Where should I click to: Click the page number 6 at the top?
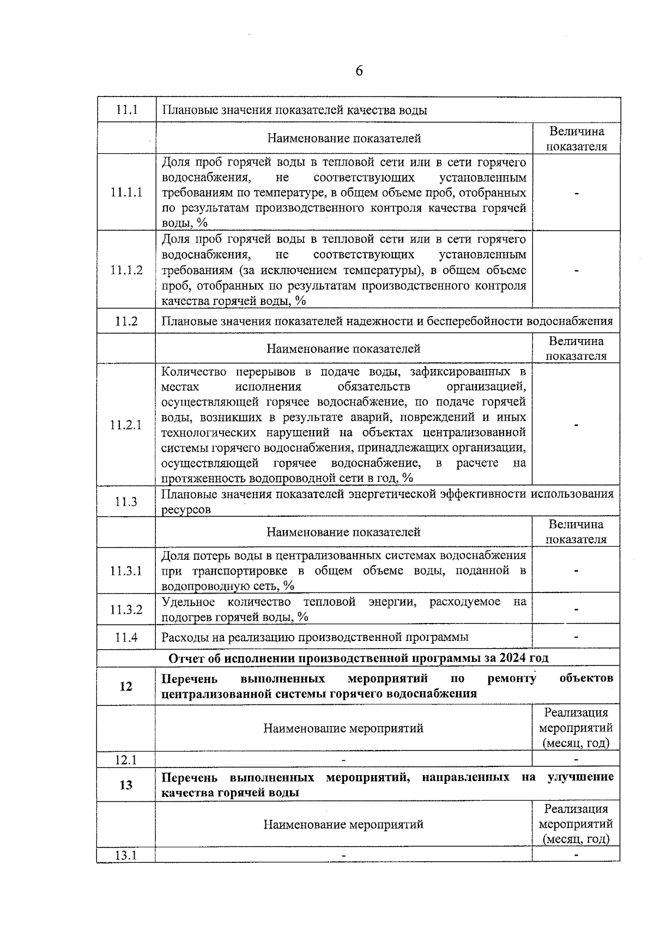(x=359, y=71)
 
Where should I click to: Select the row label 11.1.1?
(x=126, y=192)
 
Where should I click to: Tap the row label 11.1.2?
(x=126, y=270)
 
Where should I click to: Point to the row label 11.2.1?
(x=126, y=425)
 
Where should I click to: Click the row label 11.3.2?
(x=126, y=609)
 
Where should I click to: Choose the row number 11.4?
(x=126, y=637)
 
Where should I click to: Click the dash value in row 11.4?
(x=576, y=637)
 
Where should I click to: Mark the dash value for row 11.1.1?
(x=576, y=192)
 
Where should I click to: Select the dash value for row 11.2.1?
(x=576, y=425)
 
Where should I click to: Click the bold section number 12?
(x=126, y=686)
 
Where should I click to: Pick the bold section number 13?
(x=126, y=785)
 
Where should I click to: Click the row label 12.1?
(x=126, y=759)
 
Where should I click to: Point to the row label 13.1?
(x=126, y=855)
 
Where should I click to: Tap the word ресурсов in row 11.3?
(x=186, y=510)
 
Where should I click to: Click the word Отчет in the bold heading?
(x=186, y=658)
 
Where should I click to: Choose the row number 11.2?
(x=126, y=322)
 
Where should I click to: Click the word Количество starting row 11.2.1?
(x=193, y=372)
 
